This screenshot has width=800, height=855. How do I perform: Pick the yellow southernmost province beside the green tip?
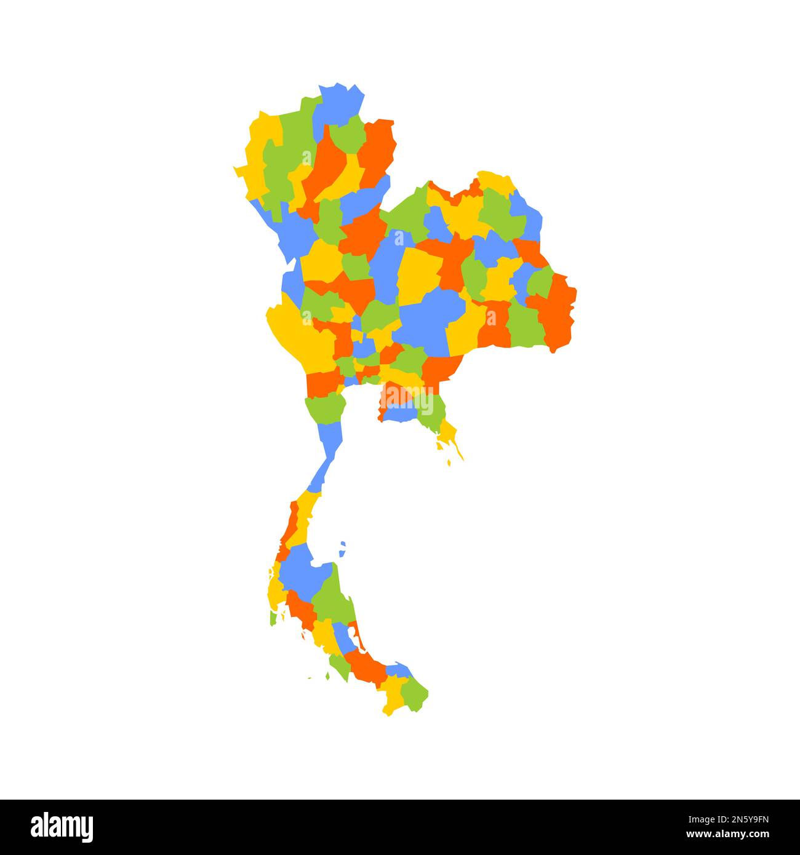point(392,698)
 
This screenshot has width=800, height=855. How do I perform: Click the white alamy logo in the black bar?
point(62,827)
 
